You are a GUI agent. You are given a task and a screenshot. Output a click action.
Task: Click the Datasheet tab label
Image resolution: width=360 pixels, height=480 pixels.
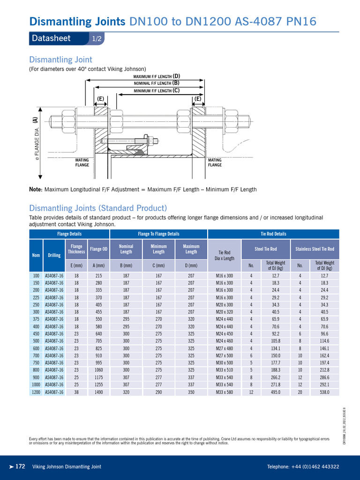[x=51, y=38]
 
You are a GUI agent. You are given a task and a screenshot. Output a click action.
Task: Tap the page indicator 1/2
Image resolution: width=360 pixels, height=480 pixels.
[x=97, y=39]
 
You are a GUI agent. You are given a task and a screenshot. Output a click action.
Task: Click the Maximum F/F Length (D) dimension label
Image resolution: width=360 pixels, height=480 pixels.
[x=157, y=76]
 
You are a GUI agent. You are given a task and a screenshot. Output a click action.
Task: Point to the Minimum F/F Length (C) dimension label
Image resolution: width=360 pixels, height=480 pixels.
[x=157, y=90]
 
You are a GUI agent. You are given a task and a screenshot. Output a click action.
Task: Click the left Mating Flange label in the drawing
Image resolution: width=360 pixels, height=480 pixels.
[x=82, y=163]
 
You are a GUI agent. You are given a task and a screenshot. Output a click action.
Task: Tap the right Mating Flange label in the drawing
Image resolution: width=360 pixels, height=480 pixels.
[x=215, y=163]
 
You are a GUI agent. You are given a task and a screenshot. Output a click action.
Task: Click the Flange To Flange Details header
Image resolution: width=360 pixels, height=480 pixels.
[x=158, y=234]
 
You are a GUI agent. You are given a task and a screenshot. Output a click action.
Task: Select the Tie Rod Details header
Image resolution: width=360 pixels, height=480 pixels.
[x=273, y=234]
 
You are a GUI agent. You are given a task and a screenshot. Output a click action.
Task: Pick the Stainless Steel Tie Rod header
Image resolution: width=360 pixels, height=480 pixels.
[x=315, y=249]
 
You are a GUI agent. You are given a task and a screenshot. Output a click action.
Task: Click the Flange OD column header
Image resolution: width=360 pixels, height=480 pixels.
[x=98, y=249]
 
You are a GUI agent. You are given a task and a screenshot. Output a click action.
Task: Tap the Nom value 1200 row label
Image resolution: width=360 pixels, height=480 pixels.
[x=36, y=392]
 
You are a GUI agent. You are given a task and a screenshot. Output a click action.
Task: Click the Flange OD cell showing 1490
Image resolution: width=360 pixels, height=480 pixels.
[x=98, y=392]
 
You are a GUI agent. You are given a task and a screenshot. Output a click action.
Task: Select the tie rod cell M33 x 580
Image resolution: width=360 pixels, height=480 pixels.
[x=224, y=392]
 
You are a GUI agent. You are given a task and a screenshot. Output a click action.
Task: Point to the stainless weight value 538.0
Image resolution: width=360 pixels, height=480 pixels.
[x=324, y=392]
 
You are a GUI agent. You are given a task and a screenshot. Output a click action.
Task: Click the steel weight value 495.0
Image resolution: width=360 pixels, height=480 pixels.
[x=275, y=392]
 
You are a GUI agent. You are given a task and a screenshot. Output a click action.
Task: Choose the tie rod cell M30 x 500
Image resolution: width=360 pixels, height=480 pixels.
[x=224, y=362]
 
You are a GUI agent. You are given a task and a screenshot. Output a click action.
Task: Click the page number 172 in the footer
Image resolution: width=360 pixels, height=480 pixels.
[x=20, y=466]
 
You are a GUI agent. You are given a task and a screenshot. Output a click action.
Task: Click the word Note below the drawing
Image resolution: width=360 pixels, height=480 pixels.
[x=36, y=189]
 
